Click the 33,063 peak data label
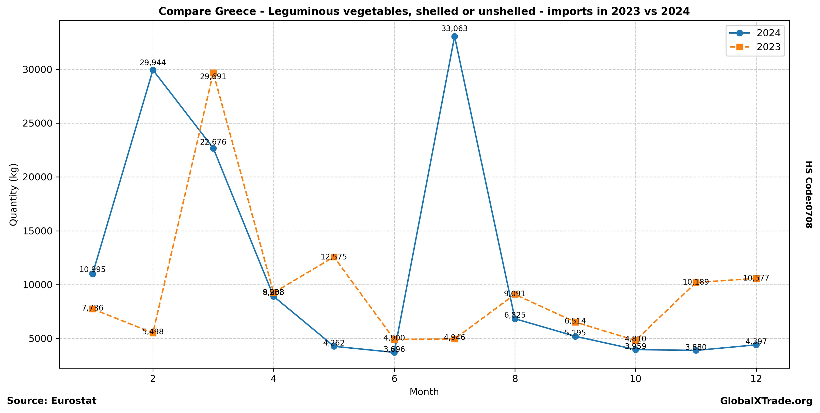click(x=454, y=29)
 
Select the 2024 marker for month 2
click(x=153, y=70)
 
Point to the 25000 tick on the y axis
click(x=37, y=123)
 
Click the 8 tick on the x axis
click(x=515, y=379)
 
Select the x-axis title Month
click(x=424, y=392)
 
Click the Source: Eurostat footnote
click(x=52, y=401)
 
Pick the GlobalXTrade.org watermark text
click(x=766, y=401)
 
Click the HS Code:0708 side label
click(x=809, y=194)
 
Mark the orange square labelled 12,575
click(x=334, y=257)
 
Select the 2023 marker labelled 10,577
click(x=756, y=278)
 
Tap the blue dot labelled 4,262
click(x=334, y=346)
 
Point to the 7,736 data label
click(x=93, y=308)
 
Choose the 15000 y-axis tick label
click(x=37, y=231)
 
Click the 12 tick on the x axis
click(x=756, y=379)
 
